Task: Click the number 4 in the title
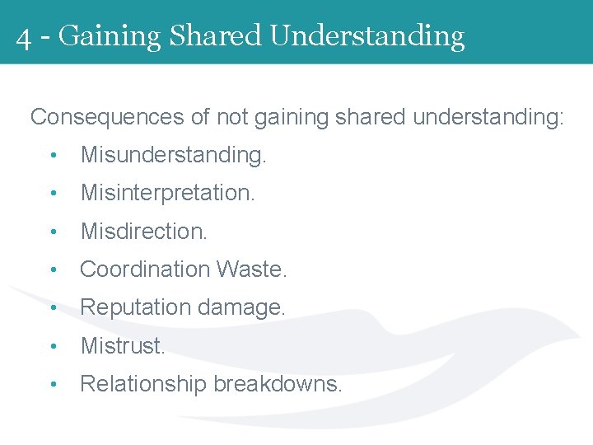tap(24, 37)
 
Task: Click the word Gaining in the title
tap(109, 37)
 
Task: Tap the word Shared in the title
tap(214, 35)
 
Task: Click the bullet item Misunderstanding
tap(173, 155)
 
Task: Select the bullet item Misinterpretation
tap(167, 193)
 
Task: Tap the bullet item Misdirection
tap(143, 232)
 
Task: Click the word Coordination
tap(145, 269)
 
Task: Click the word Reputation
tap(135, 307)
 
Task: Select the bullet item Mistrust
tap(122, 346)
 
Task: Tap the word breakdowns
tap(278, 384)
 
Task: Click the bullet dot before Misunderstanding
tap(52, 156)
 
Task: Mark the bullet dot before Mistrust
tap(52, 347)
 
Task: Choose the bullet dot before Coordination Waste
tap(52, 270)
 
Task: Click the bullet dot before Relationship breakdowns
tap(52, 385)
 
